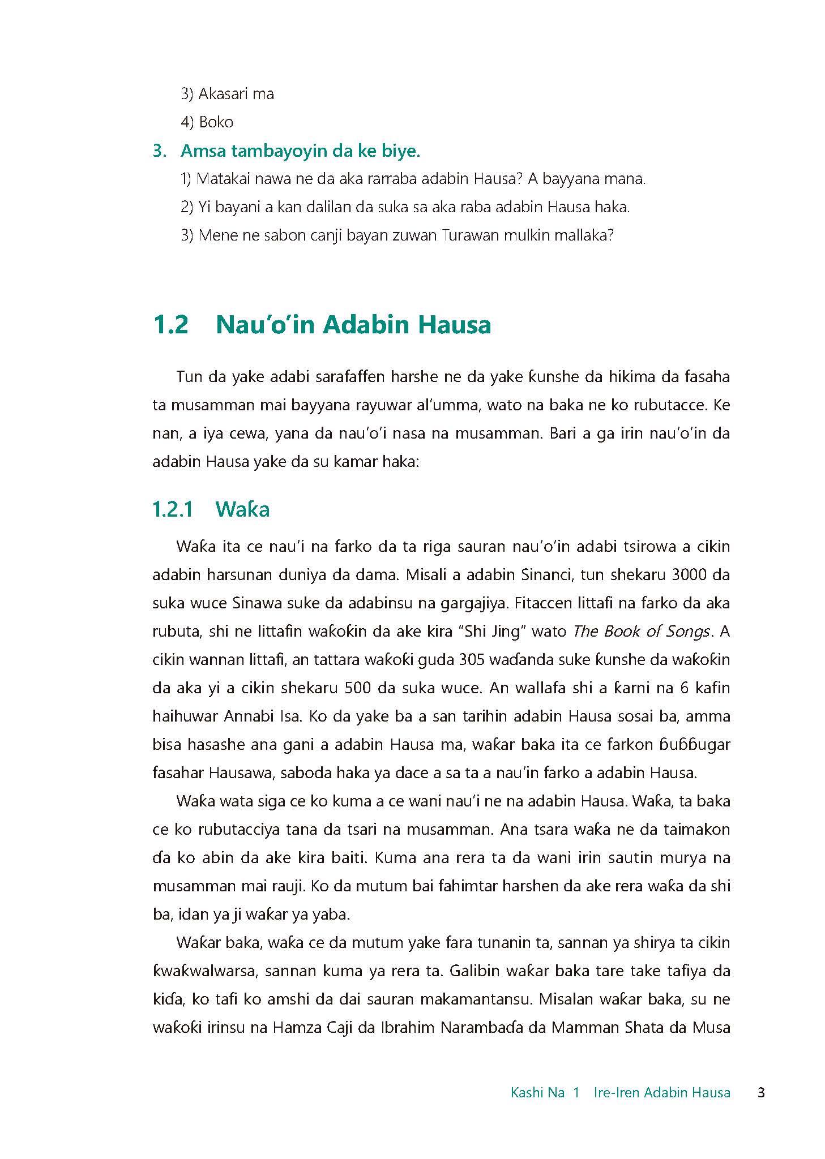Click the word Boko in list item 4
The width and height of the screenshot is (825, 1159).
(216, 122)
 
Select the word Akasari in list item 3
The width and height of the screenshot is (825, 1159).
(224, 94)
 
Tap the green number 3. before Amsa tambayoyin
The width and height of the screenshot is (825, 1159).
(160, 152)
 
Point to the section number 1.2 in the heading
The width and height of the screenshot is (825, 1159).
(170, 325)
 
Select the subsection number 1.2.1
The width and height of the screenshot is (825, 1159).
(173, 509)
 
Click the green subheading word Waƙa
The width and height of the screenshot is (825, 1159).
(242, 509)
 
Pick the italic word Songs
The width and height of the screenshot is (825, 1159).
(687, 632)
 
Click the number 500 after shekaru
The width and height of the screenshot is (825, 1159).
(359, 688)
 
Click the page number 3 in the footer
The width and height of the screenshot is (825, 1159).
(761, 1092)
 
